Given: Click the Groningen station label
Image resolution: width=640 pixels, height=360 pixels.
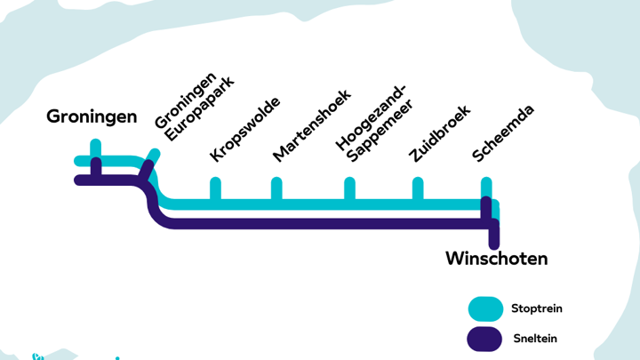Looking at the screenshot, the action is pos(92,117).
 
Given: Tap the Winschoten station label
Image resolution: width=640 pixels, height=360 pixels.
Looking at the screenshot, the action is pos(496,259).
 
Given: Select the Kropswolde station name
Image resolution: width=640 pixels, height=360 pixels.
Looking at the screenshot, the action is pos(245,130).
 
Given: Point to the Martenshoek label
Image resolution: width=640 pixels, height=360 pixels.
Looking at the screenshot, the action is pos(311,125).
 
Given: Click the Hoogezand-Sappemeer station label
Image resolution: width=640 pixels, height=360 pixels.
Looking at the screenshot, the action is pos(374,124).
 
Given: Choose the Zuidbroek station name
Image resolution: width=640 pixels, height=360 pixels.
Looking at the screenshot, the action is pos(440,133).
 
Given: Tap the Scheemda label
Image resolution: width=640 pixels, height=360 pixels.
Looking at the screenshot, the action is pos(502,133).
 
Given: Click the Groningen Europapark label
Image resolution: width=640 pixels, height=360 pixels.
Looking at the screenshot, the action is pos(195,107).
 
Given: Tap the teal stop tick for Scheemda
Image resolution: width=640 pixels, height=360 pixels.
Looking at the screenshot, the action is pos(486,187).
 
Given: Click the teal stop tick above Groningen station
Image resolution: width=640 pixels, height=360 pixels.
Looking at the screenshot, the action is pos(95,148).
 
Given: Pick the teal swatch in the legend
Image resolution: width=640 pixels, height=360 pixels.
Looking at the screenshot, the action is pos(485,309).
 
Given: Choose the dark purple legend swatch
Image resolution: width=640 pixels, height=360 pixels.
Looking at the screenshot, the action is pos(484,339).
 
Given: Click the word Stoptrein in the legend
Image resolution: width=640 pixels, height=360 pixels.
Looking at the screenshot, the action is pos(537,308).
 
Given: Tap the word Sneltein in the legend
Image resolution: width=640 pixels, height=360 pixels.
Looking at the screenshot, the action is pos(535,339).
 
